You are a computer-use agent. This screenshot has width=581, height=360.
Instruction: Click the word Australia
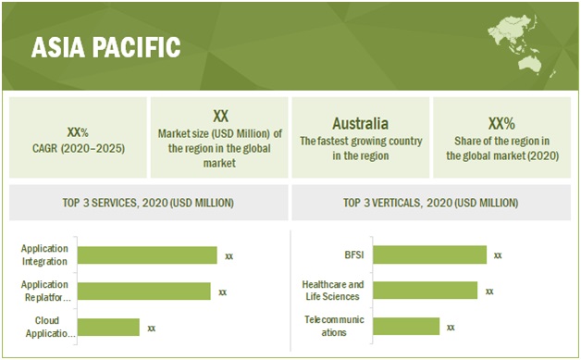click(360, 123)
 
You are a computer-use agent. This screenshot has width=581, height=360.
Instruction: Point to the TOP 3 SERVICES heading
click(150, 203)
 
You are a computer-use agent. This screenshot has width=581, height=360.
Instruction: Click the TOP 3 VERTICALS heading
click(430, 203)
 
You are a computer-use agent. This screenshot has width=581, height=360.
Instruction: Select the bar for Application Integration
click(147, 255)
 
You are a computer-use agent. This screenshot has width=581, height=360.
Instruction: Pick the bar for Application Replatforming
click(144, 292)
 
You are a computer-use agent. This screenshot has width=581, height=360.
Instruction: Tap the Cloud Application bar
click(108, 327)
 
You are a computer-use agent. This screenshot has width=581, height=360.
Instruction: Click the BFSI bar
click(429, 254)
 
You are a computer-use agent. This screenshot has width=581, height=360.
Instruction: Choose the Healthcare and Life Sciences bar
click(425, 291)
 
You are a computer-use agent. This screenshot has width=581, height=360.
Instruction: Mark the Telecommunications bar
click(406, 326)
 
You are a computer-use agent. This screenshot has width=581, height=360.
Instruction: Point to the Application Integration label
click(43, 255)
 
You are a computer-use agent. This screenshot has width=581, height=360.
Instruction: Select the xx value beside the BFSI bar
click(498, 254)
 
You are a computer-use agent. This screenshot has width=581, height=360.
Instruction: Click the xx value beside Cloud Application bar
click(152, 327)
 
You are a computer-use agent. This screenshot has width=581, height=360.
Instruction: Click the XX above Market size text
click(220, 116)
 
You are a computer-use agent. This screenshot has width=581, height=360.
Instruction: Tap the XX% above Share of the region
click(501, 122)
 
